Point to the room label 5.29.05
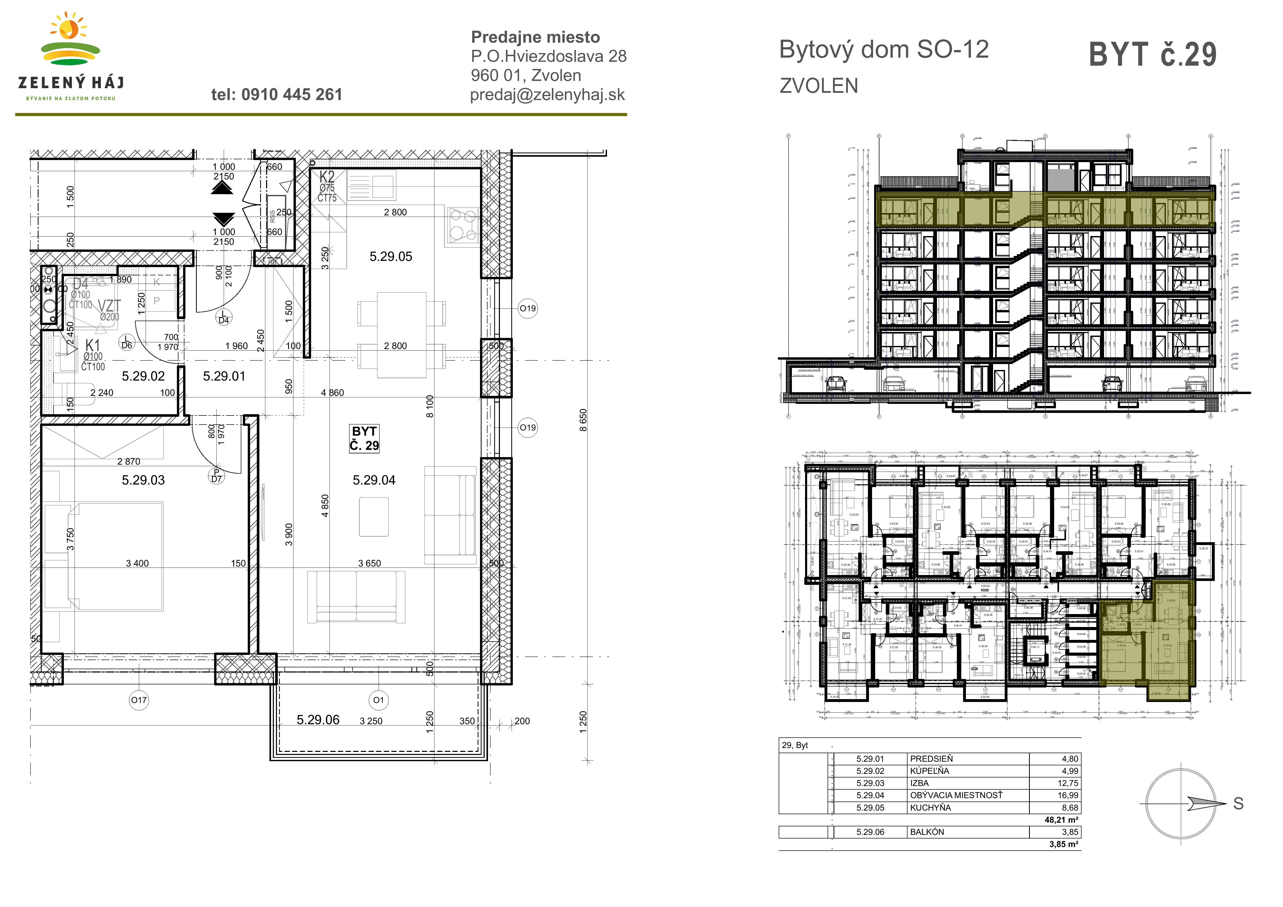391,257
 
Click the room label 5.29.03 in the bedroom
143,480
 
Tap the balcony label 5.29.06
318,720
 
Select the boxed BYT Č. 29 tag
364,439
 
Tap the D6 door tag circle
127,342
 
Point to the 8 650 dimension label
583,420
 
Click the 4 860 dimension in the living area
333,393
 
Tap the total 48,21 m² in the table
1061,820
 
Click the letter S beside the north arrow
1238,804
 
